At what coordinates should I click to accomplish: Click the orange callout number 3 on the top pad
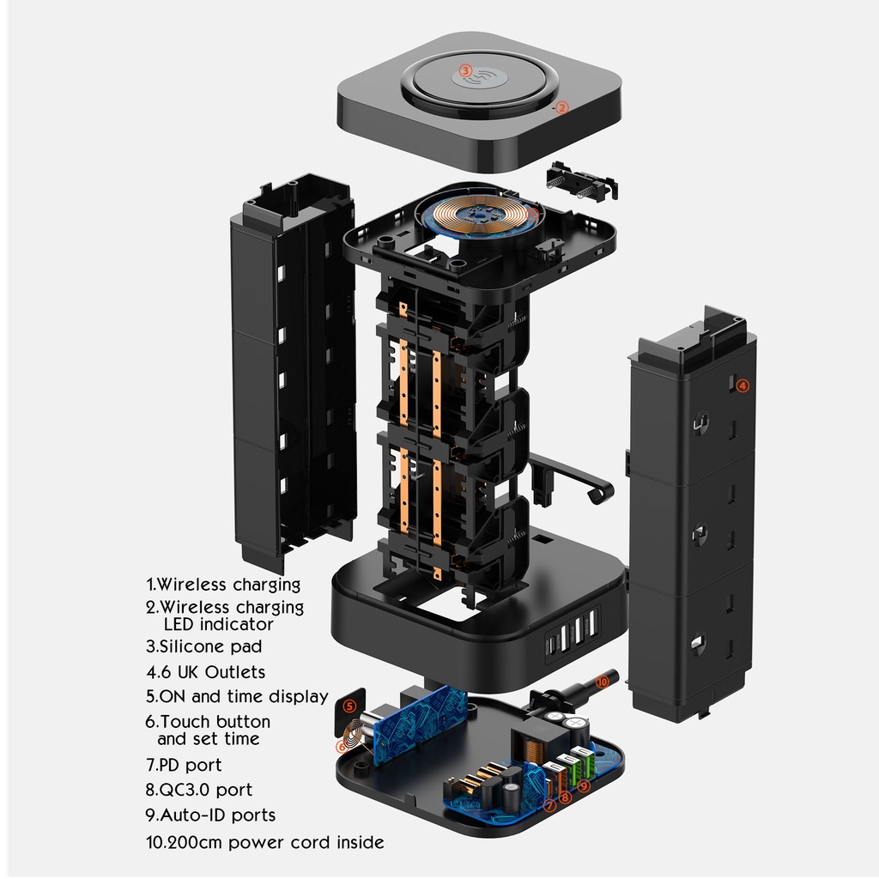pyautogui.click(x=465, y=70)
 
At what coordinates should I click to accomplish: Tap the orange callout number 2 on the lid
pyautogui.click(x=561, y=107)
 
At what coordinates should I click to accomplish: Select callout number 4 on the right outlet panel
pyautogui.click(x=743, y=385)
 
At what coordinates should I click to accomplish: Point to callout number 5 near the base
pyautogui.click(x=349, y=706)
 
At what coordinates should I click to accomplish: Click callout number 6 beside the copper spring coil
pyautogui.click(x=342, y=747)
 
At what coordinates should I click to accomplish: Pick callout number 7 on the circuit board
pyautogui.click(x=550, y=805)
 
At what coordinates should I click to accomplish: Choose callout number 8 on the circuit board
pyautogui.click(x=565, y=797)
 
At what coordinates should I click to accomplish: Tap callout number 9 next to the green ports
pyautogui.click(x=584, y=786)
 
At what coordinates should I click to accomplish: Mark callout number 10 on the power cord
pyautogui.click(x=602, y=682)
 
